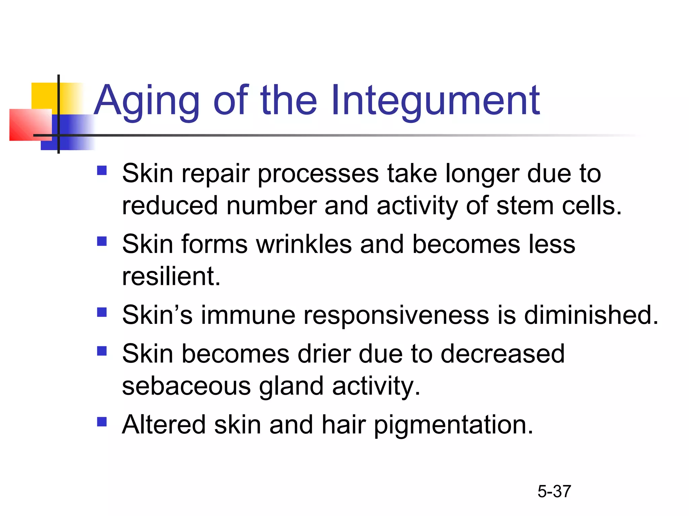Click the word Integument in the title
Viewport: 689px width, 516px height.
[x=435, y=101]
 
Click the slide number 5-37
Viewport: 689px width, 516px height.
[x=554, y=491]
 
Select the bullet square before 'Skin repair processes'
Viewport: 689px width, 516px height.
[x=102, y=171]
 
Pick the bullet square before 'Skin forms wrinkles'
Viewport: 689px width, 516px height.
[x=102, y=241]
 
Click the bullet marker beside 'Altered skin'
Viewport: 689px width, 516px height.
[x=102, y=422]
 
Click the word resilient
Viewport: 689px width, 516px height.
[x=171, y=276]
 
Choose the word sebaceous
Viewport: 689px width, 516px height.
[x=186, y=386]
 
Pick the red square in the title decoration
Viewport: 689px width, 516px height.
[x=30, y=125]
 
